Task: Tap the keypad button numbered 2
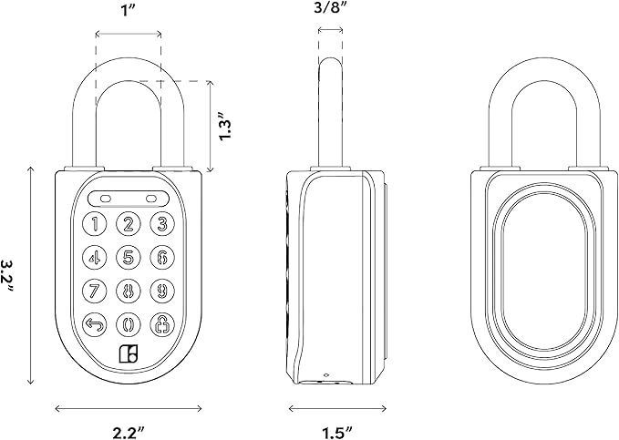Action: click(x=129, y=224)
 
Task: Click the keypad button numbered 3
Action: click(x=161, y=224)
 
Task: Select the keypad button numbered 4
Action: click(x=96, y=258)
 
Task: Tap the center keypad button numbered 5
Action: click(x=129, y=258)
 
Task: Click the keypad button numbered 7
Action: click(x=96, y=292)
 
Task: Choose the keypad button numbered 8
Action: click(x=129, y=292)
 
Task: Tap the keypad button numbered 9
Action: click(x=161, y=292)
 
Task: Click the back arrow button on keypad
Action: click(x=96, y=324)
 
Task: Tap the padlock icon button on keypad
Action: click(x=161, y=324)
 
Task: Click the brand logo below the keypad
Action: click(x=129, y=356)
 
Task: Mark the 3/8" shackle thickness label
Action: click(x=332, y=12)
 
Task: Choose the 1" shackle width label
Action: click(x=129, y=12)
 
